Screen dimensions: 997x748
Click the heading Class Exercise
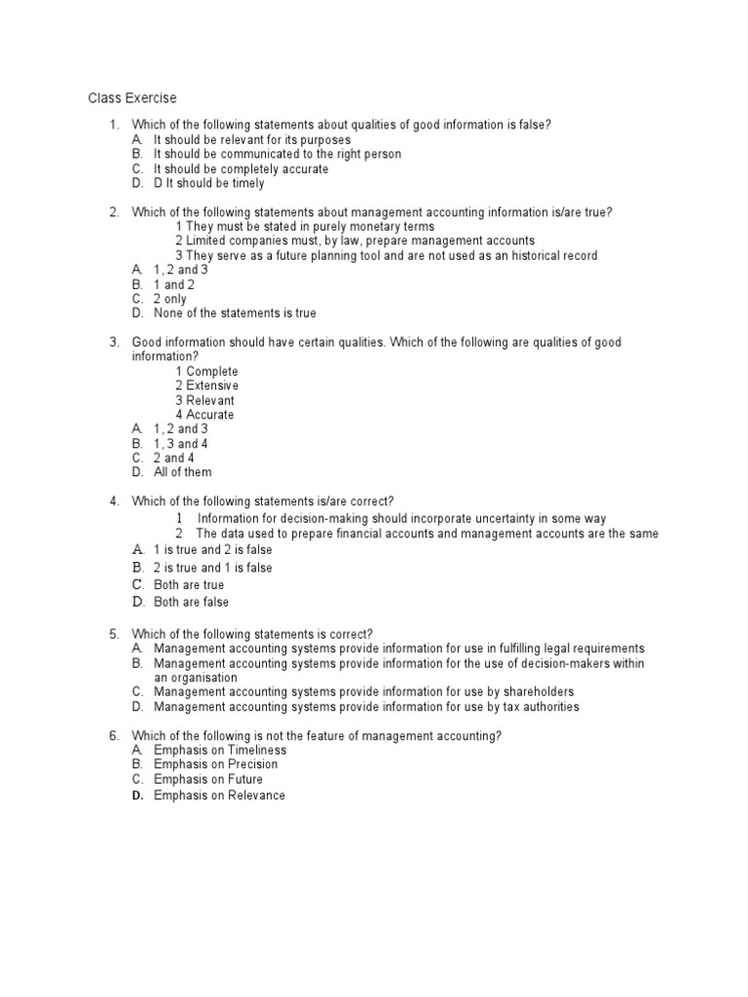point(132,98)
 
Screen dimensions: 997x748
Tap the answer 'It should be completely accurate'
point(241,168)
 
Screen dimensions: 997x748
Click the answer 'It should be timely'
point(214,183)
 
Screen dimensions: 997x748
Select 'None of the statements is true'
point(235,314)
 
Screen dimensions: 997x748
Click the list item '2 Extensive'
point(206,386)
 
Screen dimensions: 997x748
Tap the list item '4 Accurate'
point(205,415)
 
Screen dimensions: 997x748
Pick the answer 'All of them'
point(182,472)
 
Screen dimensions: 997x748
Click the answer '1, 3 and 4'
point(180,444)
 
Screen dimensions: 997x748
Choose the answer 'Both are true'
point(189,585)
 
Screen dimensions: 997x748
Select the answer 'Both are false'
point(192,603)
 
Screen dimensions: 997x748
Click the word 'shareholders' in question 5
point(541,692)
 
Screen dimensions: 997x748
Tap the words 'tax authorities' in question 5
point(538,707)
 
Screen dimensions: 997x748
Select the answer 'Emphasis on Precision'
point(215,764)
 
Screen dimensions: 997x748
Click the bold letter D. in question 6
point(137,795)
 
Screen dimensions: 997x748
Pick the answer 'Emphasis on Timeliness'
point(220,751)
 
